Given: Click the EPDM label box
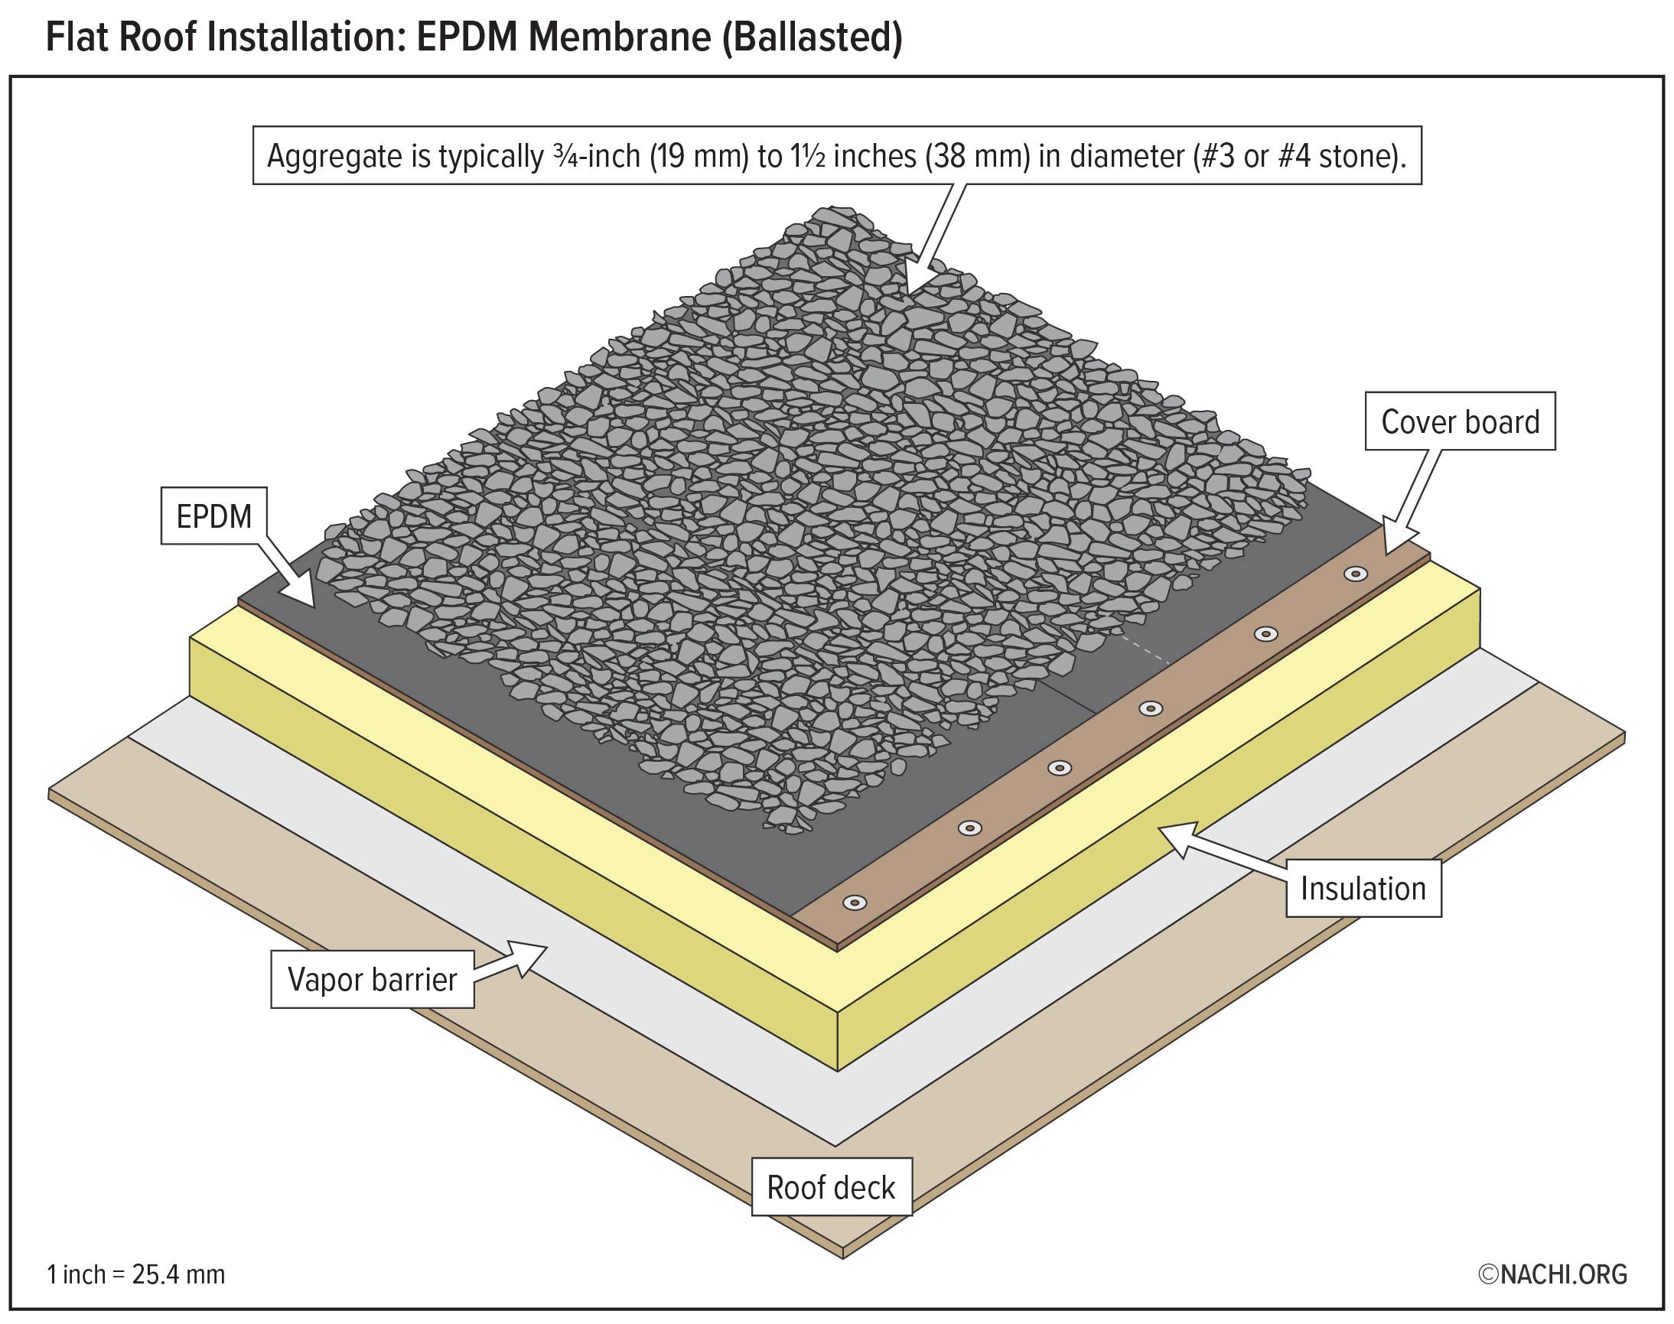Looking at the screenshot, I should coord(214,516).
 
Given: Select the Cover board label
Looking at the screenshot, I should coord(1460,422).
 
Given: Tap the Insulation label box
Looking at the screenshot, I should coord(1363,888).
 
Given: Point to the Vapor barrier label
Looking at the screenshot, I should coord(372,980).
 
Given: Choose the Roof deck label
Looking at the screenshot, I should coord(831,1188).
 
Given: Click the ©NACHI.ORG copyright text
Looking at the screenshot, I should coord(1552,1274).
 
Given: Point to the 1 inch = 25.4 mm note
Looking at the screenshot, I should coord(136,1274).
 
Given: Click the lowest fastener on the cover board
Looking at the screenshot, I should coord(855,903).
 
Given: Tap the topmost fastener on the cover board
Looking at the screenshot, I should coord(1355,574).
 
